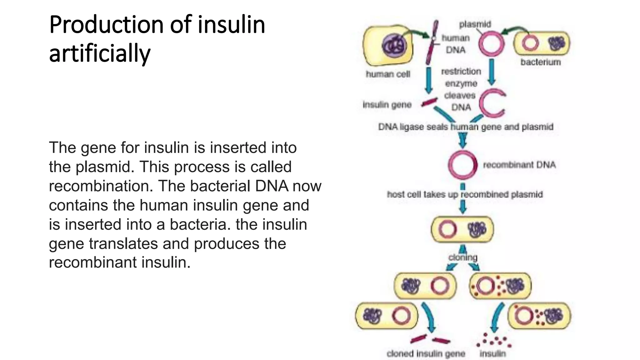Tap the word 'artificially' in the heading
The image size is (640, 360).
click(x=100, y=53)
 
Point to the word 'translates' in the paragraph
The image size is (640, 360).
click(x=123, y=243)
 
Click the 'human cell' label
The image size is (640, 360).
click(x=388, y=74)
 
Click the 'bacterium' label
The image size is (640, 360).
click(x=540, y=62)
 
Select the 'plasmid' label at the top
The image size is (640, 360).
click(x=475, y=24)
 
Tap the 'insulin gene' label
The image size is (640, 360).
click(x=387, y=105)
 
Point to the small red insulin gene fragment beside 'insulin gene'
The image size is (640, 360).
click(x=429, y=102)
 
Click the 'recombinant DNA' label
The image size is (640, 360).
click(x=519, y=165)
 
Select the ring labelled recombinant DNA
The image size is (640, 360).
click(x=462, y=165)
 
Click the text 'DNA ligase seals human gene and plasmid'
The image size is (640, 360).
click(x=466, y=127)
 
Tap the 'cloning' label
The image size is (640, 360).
click(x=463, y=257)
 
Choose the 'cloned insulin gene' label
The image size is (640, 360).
click(x=426, y=354)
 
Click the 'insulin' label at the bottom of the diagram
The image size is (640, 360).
click(x=492, y=354)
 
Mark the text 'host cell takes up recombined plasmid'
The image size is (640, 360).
click(x=465, y=194)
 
